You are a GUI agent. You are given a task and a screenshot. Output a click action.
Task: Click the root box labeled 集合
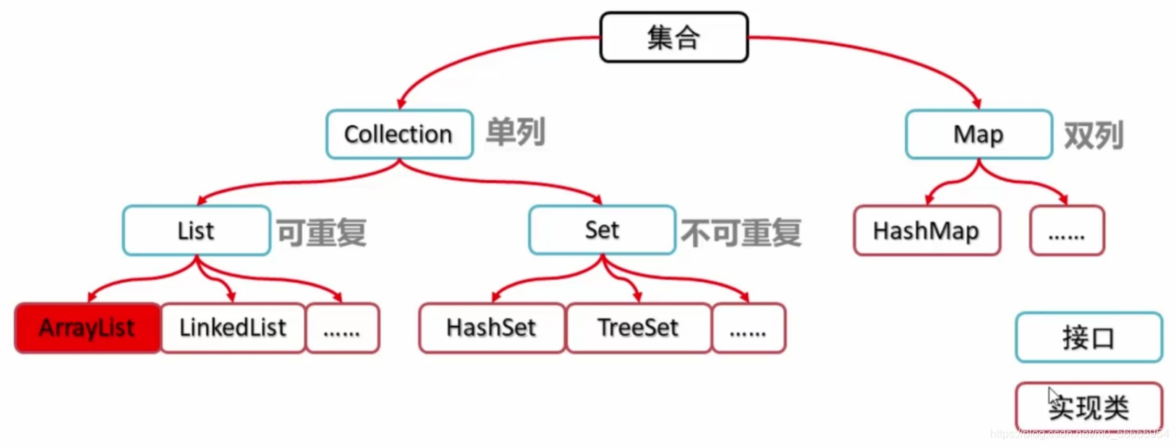click(673, 37)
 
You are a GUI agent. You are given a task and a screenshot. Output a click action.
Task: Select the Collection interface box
click(399, 134)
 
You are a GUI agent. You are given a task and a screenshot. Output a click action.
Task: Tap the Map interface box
click(979, 134)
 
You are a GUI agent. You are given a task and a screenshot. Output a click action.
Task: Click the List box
click(196, 231)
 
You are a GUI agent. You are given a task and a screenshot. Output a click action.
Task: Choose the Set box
click(602, 230)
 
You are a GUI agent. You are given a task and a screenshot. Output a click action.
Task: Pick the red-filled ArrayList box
click(87, 328)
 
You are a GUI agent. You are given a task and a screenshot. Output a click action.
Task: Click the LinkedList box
click(233, 328)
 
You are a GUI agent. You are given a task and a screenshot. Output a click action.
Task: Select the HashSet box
click(491, 328)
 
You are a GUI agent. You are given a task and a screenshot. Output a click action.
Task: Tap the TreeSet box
click(638, 328)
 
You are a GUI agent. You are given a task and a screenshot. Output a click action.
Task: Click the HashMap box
click(926, 231)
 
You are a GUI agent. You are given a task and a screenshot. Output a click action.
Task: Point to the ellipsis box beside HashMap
click(1067, 231)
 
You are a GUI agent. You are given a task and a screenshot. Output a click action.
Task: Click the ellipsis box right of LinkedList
click(342, 328)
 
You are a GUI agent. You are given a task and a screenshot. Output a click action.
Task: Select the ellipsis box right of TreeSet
click(749, 328)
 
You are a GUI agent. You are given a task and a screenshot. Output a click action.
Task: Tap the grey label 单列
click(515, 132)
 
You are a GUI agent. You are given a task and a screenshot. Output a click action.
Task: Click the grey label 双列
click(1094, 135)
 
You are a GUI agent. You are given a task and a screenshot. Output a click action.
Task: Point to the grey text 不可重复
click(741, 233)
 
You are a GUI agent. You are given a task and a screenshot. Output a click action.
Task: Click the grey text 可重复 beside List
click(322, 233)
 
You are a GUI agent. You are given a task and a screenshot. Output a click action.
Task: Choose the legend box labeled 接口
click(1088, 337)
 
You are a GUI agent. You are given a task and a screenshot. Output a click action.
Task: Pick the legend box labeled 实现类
click(1088, 406)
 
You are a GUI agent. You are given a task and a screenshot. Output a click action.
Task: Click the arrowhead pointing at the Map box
click(976, 103)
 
